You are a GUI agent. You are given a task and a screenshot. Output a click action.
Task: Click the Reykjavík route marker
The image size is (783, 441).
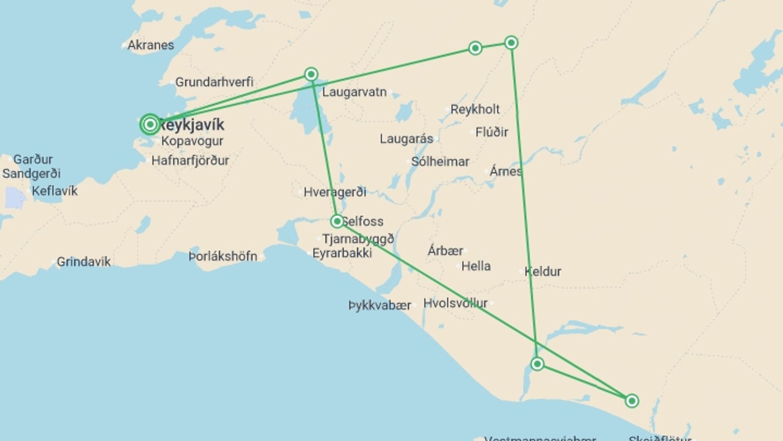(x=150, y=124)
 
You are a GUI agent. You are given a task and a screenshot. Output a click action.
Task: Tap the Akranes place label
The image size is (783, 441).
(x=150, y=45)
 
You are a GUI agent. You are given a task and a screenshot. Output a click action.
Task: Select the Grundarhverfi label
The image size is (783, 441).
(x=214, y=82)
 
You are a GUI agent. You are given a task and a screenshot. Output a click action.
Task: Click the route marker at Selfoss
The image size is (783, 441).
(x=337, y=221)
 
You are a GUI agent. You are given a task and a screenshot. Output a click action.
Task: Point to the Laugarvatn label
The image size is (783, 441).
(x=354, y=92)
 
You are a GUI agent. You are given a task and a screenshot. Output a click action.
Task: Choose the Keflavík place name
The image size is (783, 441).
(x=54, y=191)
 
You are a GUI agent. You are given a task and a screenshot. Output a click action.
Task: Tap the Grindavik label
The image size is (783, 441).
(x=83, y=261)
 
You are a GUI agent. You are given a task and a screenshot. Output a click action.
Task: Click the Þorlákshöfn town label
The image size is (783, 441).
(x=223, y=256)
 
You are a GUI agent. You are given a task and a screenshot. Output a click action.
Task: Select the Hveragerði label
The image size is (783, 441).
(x=335, y=192)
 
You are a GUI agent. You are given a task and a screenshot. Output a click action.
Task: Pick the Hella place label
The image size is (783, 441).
(x=476, y=266)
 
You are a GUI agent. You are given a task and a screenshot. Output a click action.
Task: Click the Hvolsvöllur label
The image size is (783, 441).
(x=455, y=303)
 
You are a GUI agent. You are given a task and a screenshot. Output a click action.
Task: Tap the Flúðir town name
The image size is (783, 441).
(x=491, y=132)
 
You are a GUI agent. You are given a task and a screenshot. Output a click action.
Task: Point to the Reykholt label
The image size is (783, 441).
(x=475, y=109)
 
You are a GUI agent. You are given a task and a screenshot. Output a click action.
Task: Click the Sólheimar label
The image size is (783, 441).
(x=440, y=161)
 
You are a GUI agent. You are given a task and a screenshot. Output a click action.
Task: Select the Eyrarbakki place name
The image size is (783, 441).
(x=342, y=253)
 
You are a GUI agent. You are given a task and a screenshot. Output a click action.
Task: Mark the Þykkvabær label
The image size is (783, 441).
(x=380, y=305)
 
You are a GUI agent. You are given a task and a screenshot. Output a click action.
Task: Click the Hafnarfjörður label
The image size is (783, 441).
(x=190, y=160)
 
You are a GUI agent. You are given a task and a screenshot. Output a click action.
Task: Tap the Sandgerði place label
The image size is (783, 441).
(x=31, y=174)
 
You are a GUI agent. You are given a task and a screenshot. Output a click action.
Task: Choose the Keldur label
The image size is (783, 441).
(x=542, y=271)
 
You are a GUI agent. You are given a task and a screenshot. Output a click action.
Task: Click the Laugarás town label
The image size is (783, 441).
(x=406, y=139)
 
